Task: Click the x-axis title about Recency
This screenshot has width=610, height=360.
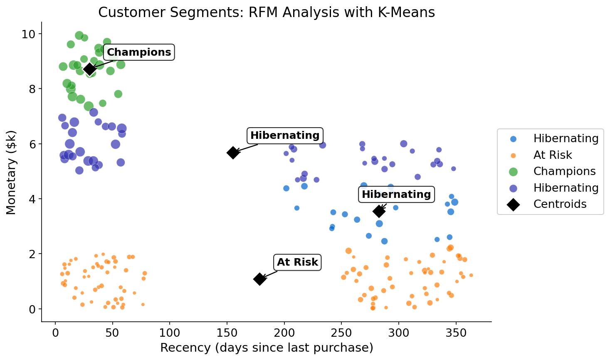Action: click(x=267, y=348)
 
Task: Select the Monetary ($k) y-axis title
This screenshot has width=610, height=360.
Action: click(x=11, y=172)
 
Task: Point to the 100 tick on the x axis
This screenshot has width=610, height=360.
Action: click(x=170, y=333)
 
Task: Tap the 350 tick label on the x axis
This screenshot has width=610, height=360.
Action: click(x=456, y=333)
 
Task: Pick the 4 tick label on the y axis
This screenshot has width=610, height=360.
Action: click(x=32, y=199)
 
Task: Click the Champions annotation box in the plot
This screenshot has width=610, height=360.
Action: click(x=138, y=52)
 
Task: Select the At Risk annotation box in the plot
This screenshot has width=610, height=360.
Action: click(x=297, y=262)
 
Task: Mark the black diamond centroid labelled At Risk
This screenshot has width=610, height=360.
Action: click(x=259, y=279)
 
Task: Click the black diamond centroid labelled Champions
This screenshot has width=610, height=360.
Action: click(x=89, y=69)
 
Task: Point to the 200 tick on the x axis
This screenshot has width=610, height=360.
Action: click(x=284, y=333)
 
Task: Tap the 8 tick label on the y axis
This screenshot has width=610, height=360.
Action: click(x=32, y=89)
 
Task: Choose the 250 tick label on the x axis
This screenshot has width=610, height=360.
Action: click(x=341, y=333)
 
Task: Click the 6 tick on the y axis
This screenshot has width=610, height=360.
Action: click(x=32, y=144)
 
